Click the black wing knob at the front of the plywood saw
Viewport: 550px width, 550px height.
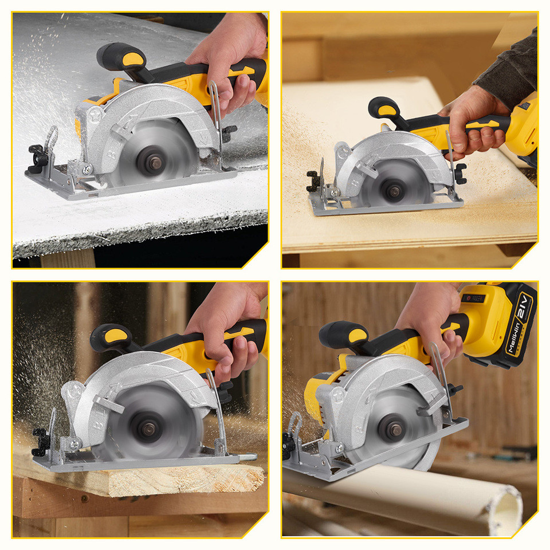[x=313, y=181]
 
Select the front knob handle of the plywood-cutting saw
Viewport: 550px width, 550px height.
[x=384, y=108]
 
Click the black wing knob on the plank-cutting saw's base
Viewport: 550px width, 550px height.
[x=40, y=442]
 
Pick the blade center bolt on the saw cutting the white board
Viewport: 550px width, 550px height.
[x=155, y=164]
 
